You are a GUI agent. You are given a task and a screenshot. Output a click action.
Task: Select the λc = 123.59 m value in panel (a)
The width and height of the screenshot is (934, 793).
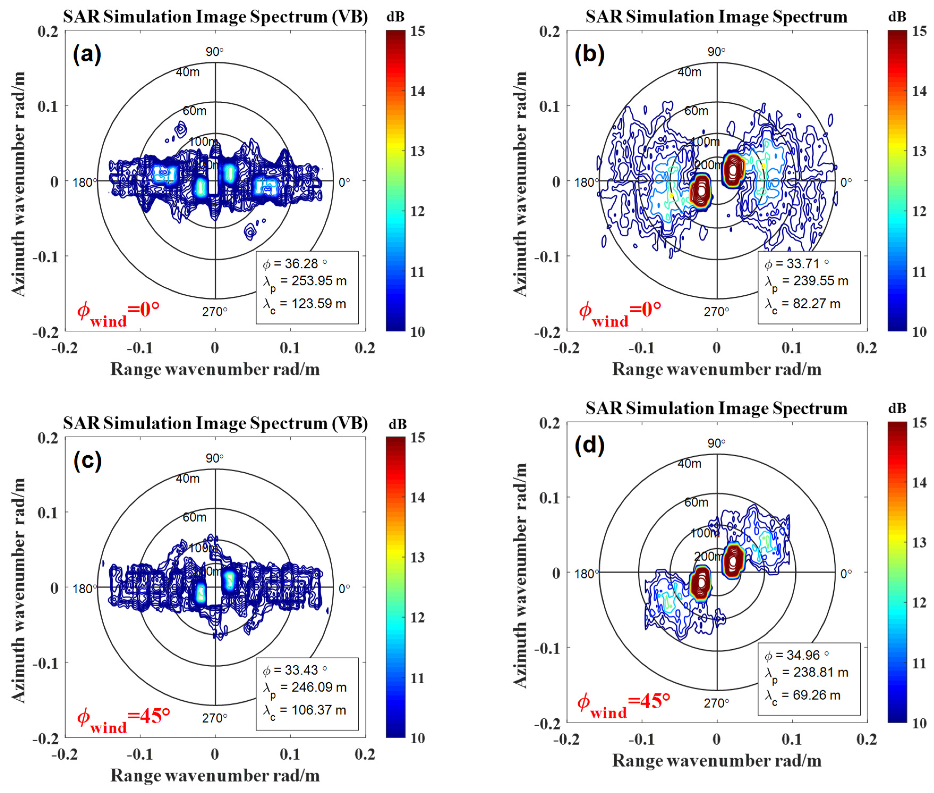(304, 304)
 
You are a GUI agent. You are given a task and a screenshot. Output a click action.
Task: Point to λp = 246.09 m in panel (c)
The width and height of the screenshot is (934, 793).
(304, 688)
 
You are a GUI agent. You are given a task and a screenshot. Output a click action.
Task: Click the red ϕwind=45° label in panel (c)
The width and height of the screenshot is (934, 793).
(124, 718)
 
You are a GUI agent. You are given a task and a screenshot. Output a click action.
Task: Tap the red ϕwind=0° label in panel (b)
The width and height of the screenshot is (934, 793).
(620, 311)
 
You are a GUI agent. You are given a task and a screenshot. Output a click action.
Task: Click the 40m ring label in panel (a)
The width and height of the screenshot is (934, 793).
(187, 72)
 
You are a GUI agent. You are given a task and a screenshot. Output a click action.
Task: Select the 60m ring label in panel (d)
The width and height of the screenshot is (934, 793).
(696, 502)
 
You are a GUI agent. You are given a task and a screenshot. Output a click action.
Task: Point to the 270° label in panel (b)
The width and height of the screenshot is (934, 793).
(716, 311)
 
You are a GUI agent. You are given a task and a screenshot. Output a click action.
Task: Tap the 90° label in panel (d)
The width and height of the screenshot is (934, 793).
(716, 443)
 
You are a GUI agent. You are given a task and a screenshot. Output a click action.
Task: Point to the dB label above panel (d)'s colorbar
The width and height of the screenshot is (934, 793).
(897, 408)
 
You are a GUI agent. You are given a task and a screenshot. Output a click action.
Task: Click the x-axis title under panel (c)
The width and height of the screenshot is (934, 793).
(215, 775)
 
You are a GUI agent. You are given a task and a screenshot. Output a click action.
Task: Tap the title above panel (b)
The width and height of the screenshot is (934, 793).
(716, 17)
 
